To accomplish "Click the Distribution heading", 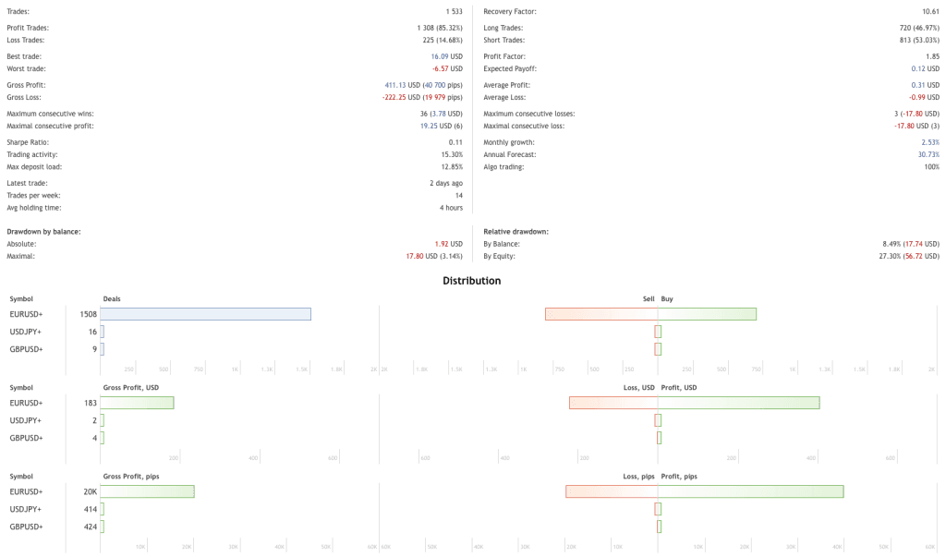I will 471,281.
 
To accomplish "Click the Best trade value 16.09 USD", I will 446,56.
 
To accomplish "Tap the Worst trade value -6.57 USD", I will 447,68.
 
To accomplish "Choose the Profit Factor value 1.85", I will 931,56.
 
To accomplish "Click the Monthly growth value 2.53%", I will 930,142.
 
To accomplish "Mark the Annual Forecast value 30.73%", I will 928,154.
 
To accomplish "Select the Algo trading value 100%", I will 931,166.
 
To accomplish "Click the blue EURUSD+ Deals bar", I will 205,314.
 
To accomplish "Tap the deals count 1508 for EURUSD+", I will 89,314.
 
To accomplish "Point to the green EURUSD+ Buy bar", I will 707,314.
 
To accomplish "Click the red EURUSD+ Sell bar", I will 601,314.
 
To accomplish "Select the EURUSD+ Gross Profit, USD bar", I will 137,403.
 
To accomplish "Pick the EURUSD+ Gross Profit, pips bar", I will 147,491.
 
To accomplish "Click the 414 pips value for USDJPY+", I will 91,509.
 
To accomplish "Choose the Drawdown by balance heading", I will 43,231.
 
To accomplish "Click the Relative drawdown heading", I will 516,231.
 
